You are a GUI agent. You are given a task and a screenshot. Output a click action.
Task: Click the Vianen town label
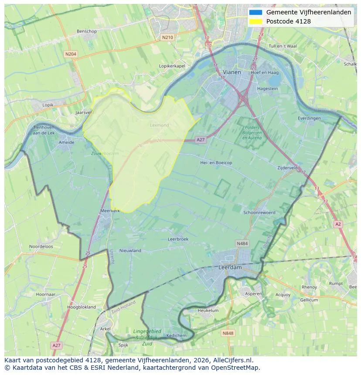232,72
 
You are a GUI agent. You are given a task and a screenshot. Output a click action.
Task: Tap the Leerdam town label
230,267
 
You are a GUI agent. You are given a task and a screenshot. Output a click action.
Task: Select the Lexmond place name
159,125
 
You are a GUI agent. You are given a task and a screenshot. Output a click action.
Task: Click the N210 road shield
167,37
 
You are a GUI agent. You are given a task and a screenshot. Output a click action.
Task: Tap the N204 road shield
70,54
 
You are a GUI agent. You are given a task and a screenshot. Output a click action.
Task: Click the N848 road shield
228,333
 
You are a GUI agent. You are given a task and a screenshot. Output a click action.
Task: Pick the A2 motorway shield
338,224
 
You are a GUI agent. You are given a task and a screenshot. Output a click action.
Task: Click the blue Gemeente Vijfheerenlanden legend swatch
255,13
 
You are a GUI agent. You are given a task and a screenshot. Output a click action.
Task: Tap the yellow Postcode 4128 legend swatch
255,21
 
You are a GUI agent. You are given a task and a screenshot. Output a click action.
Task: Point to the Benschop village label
86,31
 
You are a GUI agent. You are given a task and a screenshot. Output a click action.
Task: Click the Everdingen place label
309,118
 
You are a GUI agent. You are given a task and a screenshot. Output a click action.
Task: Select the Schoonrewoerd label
259,213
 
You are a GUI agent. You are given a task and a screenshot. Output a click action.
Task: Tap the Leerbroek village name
178,239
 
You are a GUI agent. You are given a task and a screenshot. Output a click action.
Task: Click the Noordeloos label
41,247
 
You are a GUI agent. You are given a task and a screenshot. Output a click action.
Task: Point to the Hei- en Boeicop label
216,162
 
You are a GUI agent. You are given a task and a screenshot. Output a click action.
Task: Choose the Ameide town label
66,142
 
